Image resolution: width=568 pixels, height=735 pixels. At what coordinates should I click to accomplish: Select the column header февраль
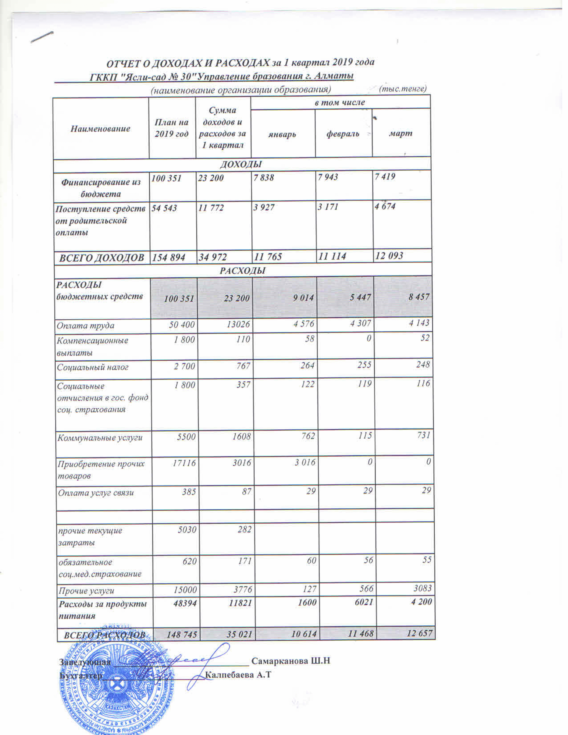click(343, 134)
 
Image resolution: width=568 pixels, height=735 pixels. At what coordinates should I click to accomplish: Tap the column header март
click(400, 133)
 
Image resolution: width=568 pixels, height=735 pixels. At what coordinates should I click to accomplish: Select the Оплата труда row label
click(86, 326)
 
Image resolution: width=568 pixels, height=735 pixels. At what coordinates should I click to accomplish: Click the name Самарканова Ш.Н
click(290, 661)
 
